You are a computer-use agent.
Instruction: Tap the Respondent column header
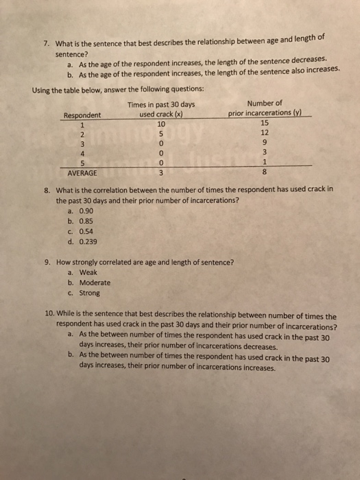(82, 115)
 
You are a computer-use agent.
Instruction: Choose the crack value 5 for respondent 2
(161, 134)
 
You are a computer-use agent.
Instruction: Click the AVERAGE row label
(81, 173)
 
